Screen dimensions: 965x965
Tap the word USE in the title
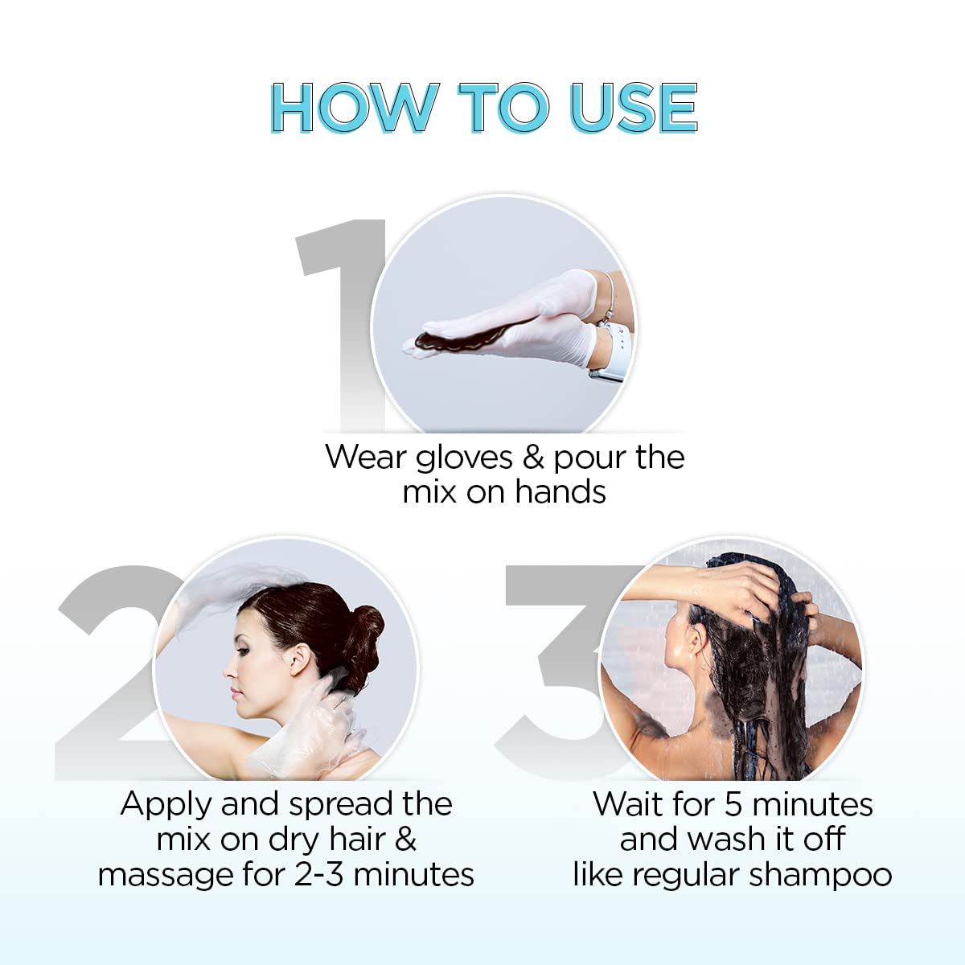point(633,108)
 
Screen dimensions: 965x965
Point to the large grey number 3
point(555,667)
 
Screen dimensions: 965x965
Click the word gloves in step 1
point(464,458)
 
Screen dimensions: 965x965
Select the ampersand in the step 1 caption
point(533,458)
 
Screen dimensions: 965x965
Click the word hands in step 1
point(560,492)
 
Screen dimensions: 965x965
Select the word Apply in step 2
point(166,804)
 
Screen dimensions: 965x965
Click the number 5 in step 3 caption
point(733,804)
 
